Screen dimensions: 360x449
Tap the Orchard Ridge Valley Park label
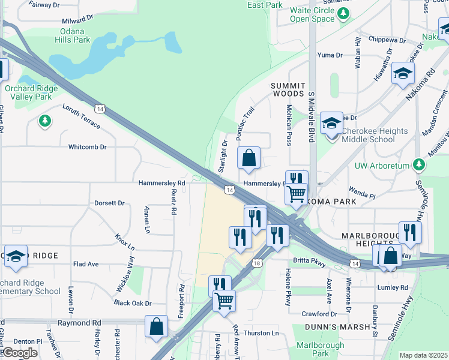(x=31, y=92)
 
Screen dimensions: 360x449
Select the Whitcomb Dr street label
(x=87, y=146)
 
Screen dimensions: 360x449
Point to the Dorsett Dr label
(x=109, y=203)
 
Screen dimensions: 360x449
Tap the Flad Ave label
(x=86, y=264)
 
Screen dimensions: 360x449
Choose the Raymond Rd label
(x=79, y=322)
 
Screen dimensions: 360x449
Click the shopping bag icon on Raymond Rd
(x=156, y=327)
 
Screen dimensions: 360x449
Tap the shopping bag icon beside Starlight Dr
(x=249, y=159)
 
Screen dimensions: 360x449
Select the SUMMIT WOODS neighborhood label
(x=289, y=89)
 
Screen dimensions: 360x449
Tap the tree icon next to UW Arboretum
(x=420, y=165)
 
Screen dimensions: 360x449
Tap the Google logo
(x=19, y=353)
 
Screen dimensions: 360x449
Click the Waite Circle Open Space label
(x=312, y=15)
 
